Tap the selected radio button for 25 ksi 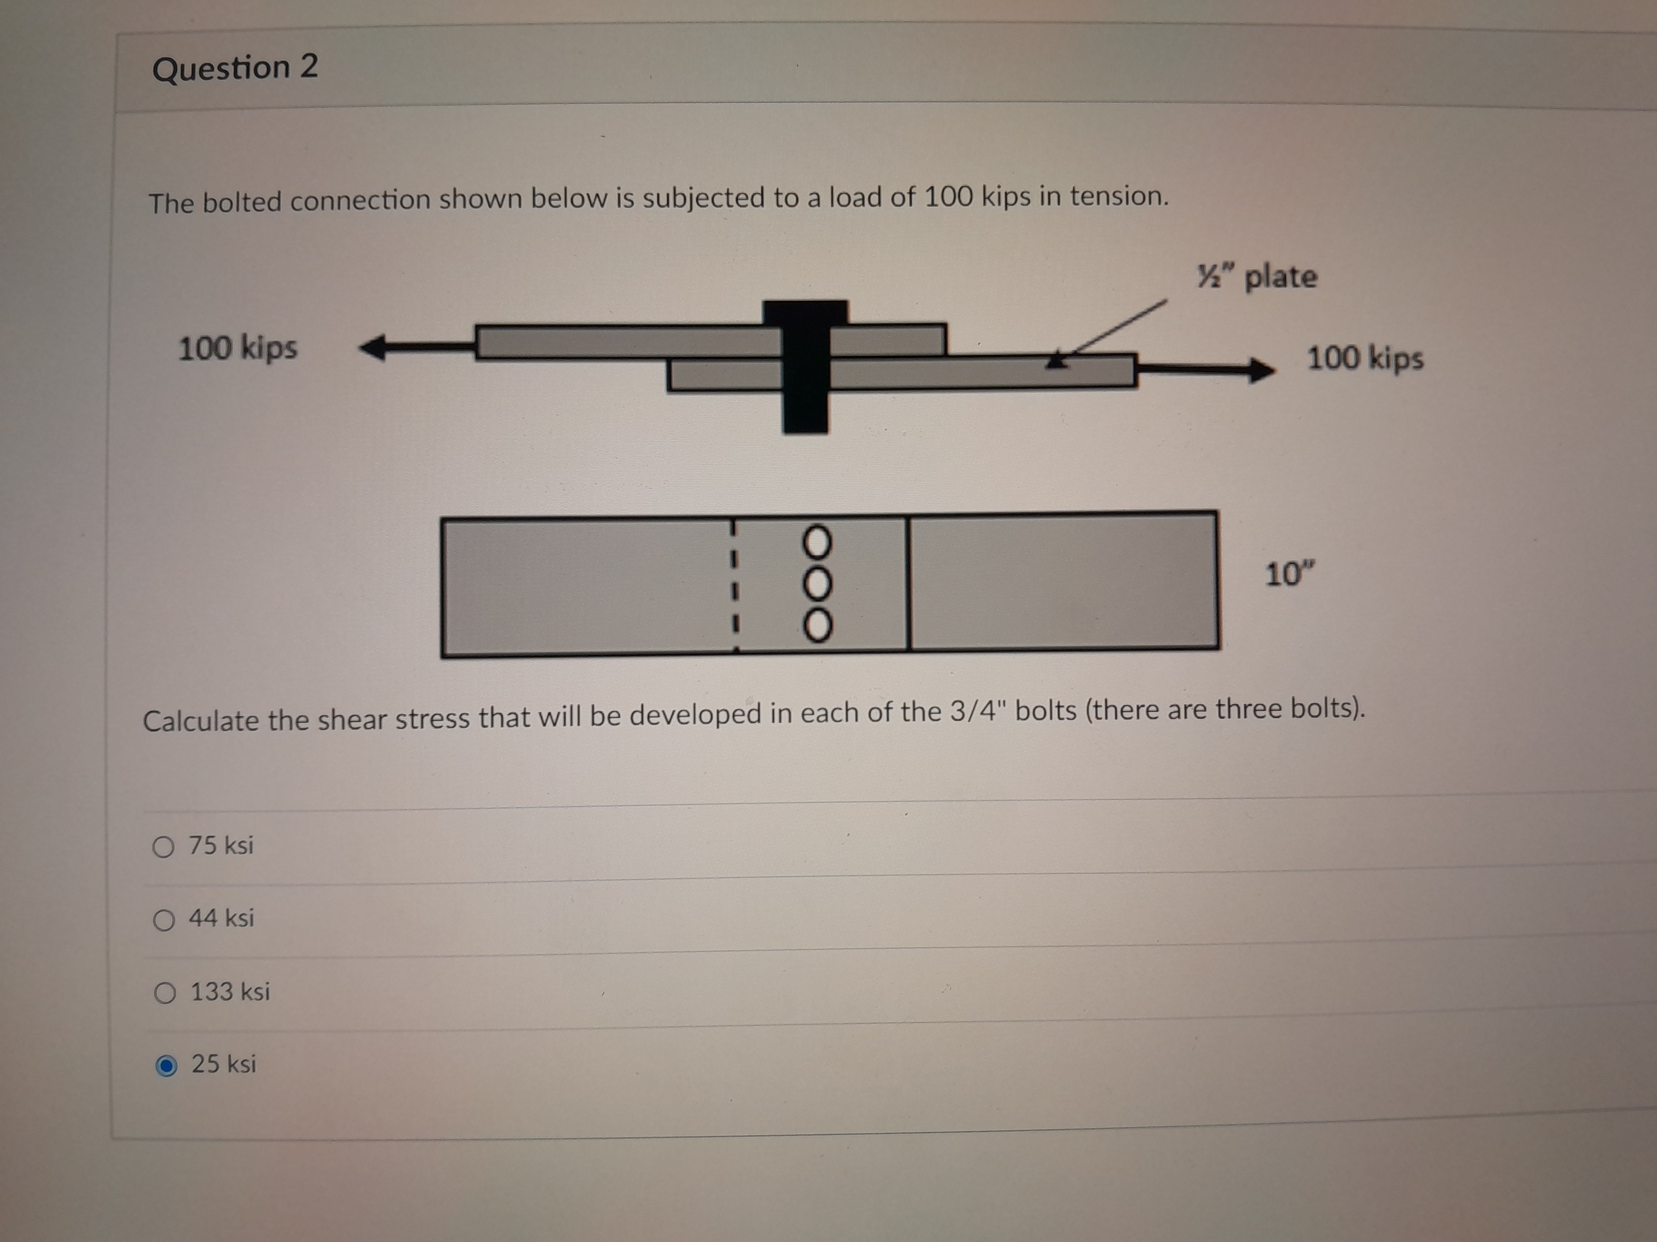click(x=166, y=1065)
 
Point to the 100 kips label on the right click(x=1365, y=358)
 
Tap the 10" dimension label click(x=1289, y=574)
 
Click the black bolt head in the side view click(x=805, y=313)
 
